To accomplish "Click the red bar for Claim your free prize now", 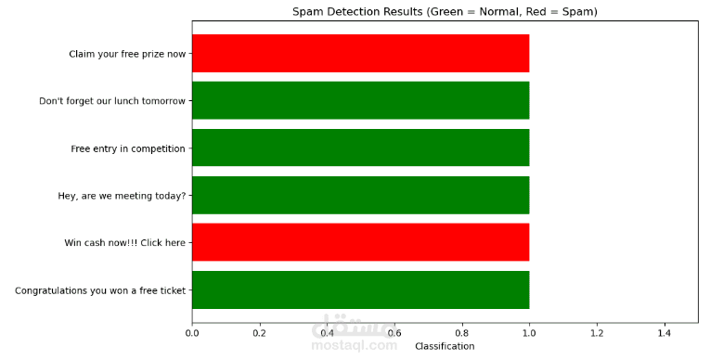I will (x=360, y=53).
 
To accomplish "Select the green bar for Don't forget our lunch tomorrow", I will (x=360, y=100).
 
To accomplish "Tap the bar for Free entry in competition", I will (x=360, y=148).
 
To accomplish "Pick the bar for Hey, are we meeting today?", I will (x=360, y=195).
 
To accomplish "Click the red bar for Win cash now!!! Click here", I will (x=360, y=242).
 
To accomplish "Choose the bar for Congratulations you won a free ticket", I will (x=360, y=289).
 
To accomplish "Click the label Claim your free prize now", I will (x=127, y=54).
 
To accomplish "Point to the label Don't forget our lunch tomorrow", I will (x=112, y=101).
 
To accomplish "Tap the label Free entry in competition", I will (x=128, y=148).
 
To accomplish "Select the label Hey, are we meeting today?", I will (x=122, y=196).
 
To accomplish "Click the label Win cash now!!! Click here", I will (x=124, y=243).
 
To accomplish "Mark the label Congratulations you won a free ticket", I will (x=100, y=290).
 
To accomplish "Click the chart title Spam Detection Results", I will (x=445, y=12).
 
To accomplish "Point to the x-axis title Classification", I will (x=445, y=346).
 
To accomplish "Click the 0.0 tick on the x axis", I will (x=192, y=331).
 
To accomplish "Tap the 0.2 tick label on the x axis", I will (x=260, y=331).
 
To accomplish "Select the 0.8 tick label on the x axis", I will (x=461, y=331).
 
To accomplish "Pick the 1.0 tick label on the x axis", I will (x=529, y=331).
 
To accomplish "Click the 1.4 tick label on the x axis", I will (x=664, y=331).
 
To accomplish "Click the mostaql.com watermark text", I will (x=354, y=345).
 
